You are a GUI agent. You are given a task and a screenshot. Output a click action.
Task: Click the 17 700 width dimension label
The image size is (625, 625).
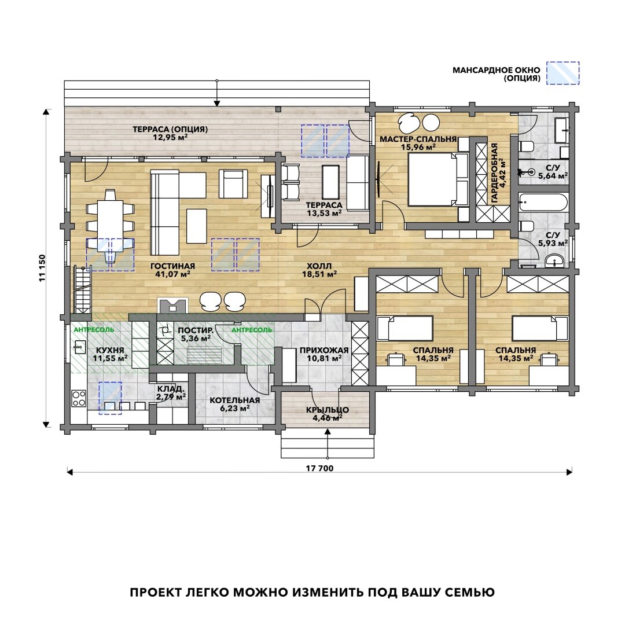pyautogui.click(x=319, y=468)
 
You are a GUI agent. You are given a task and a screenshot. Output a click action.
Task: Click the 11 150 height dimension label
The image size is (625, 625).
pyautogui.click(x=43, y=268)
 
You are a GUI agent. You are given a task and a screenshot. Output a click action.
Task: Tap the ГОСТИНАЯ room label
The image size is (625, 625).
pyautogui.click(x=172, y=266)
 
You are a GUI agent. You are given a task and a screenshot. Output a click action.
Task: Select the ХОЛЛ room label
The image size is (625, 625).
pyautogui.click(x=319, y=266)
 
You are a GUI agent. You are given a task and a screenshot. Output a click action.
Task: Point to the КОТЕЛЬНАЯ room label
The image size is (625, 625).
pyautogui.click(x=235, y=400)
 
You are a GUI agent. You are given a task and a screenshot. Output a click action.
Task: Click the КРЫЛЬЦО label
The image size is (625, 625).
pyautogui.click(x=327, y=410)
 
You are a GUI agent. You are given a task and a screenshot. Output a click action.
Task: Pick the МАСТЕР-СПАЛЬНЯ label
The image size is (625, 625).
pyautogui.click(x=418, y=139)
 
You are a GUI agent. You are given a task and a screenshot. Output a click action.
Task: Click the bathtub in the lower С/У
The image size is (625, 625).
pyautogui.click(x=543, y=203)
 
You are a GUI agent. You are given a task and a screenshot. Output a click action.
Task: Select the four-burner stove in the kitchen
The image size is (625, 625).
pyautogui.click(x=79, y=398)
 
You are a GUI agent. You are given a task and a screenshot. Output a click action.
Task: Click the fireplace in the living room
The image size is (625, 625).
pyautogui.click(x=173, y=305)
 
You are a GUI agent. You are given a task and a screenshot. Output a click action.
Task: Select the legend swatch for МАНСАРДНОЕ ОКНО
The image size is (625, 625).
pyautogui.click(x=562, y=73)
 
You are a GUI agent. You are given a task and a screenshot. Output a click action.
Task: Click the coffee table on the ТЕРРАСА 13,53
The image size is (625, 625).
pyautogui.click(x=330, y=182)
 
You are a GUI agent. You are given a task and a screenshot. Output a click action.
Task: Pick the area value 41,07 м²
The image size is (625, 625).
pyautogui.click(x=172, y=274)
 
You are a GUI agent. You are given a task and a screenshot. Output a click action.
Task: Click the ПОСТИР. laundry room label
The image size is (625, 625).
pyautogui.click(x=196, y=330)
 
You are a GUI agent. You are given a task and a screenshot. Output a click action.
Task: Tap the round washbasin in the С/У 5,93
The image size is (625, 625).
pyautogui.click(x=554, y=261)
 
